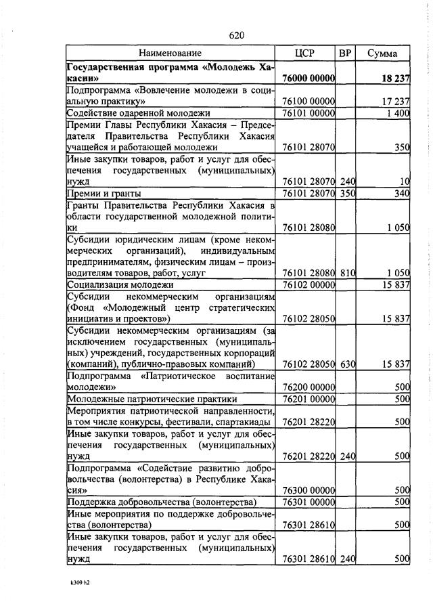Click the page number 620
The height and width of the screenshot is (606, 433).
pyautogui.click(x=236, y=35)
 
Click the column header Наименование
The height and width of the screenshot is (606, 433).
pyautogui.click(x=170, y=53)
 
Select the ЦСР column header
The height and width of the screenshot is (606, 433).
pyautogui.click(x=305, y=53)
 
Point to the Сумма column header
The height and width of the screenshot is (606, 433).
pyautogui.click(x=382, y=53)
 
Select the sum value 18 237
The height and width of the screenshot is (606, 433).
pyautogui.click(x=396, y=79)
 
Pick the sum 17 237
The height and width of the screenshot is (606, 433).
pyautogui.click(x=396, y=101)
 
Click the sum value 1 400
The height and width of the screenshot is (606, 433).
pyautogui.click(x=398, y=112)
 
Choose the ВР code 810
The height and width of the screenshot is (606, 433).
pyautogui.click(x=348, y=272)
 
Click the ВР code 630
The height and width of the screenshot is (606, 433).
pyautogui.click(x=348, y=364)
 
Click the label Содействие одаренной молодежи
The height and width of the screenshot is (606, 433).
pyautogui.click(x=138, y=112)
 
